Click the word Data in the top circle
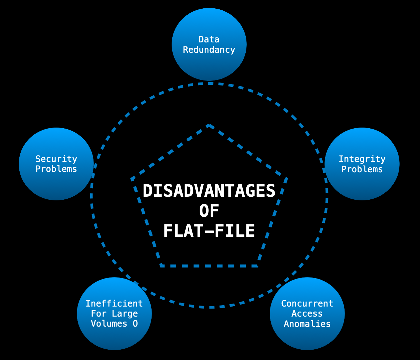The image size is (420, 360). tap(209, 39)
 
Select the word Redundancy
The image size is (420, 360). tap(209, 50)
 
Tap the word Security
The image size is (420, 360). tap(56, 159)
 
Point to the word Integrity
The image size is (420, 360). tap(362, 159)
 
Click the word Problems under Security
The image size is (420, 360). tap(56, 169)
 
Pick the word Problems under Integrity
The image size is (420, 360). tap(362, 169)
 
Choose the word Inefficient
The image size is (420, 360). tap(114, 304)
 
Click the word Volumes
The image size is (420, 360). tap(109, 324)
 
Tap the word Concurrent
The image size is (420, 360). tap(307, 304)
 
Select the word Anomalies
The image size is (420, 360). tap(307, 324)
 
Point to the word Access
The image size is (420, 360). tap(307, 314)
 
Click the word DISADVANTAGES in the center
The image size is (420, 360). tap(209, 191)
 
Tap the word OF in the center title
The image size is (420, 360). tap(209, 211)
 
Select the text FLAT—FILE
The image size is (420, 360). tap(209, 231)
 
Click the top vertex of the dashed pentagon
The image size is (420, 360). tap(209, 125)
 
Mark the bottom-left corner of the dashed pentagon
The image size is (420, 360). tap(161, 266)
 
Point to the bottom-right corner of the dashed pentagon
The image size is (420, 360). tap(257, 266)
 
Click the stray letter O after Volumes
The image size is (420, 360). tap(135, 324)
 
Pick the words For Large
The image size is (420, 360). tap(114, 314)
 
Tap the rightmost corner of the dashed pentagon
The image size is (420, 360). tap(286, 178)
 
